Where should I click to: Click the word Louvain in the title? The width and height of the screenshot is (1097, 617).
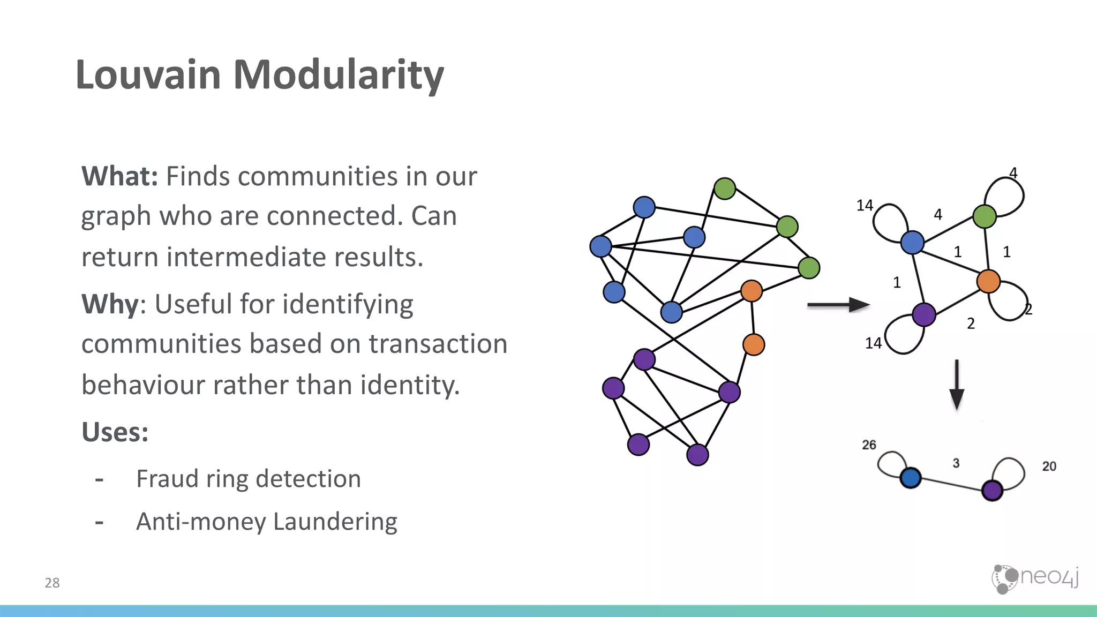pos(148,75)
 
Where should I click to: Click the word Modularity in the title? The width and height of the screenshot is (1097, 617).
pos(338,75)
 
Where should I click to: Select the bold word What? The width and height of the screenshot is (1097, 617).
pos(119,176)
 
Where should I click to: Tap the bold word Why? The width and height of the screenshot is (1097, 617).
pos(110,304)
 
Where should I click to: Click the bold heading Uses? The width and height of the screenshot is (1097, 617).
pos(115,432)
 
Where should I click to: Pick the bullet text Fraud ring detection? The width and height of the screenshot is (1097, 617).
pos(249,479)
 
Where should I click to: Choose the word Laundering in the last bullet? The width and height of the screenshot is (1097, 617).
pos(335,522)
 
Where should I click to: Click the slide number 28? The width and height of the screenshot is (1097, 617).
pos(52,583)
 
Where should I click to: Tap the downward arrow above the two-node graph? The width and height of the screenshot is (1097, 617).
pos(957,385)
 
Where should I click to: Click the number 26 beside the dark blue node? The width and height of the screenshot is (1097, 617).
pos(869,445)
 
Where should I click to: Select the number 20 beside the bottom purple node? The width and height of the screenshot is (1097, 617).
pos(1049,466)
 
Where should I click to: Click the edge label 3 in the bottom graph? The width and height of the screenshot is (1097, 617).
pos(956,463)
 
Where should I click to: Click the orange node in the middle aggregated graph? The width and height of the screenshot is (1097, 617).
pos(988,281)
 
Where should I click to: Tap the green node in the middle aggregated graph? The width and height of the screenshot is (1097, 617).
pos(985,216)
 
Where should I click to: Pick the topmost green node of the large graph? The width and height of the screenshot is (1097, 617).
pos(725,189)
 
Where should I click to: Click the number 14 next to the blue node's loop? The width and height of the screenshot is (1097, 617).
pos(865,206)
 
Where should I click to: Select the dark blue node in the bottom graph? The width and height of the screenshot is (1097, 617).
pos(911,478)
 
